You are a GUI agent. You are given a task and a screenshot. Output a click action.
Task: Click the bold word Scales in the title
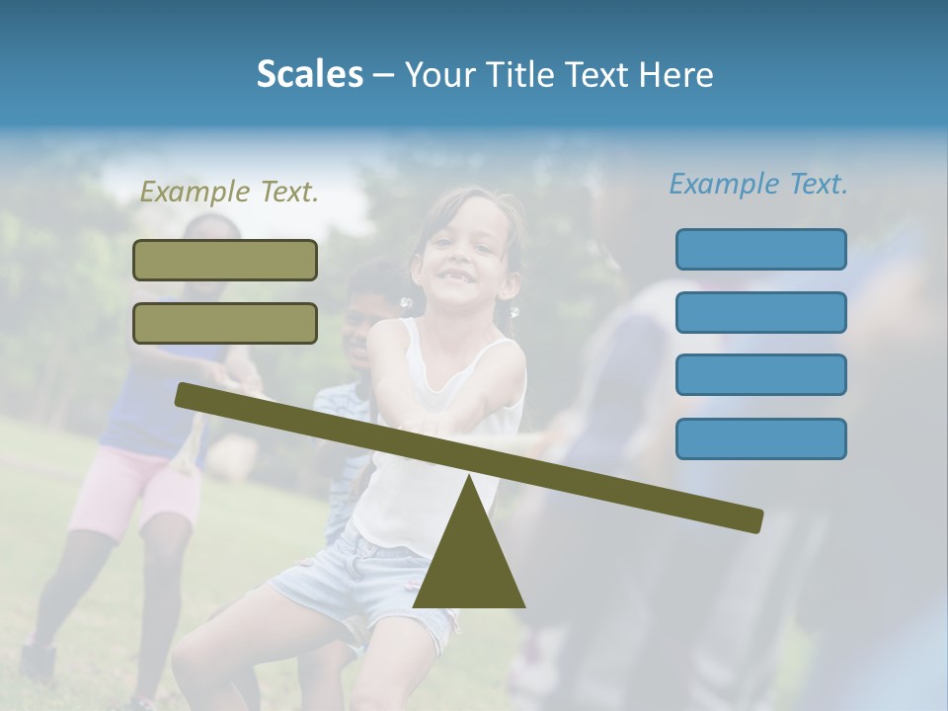click(x=309, y=74)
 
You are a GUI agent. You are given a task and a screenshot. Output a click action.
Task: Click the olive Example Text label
click(x=229, y=192)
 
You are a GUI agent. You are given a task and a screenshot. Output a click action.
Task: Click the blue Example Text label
click(x=758, y=184)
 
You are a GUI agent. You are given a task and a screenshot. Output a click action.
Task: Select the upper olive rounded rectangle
click(x=225, y=260)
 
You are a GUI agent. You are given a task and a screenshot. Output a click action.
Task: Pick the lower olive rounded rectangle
click(x=225, y=323)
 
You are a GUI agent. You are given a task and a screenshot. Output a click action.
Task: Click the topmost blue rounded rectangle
click(x=760, y=249)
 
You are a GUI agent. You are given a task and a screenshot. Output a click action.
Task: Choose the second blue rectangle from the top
click(x=760, y=312)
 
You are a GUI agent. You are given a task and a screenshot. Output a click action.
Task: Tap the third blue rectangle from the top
click(x=760, y=374)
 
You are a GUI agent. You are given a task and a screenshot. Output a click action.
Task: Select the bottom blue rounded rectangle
click(x=760, y=438)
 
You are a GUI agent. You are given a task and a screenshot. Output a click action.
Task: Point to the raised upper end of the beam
click(x=188, y=394)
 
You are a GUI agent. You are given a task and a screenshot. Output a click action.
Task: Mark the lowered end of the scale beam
click(x=750, y=519)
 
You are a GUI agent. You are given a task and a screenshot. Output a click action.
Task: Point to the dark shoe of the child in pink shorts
click(x=38, y=659)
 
